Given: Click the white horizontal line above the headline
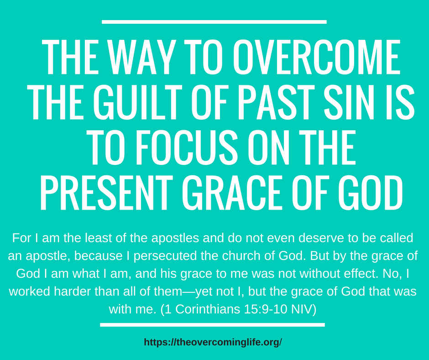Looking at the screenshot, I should (x=214, y=21).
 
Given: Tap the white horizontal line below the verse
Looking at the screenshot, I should (x=212, y=325).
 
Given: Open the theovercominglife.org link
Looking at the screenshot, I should (x=213, y=342).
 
